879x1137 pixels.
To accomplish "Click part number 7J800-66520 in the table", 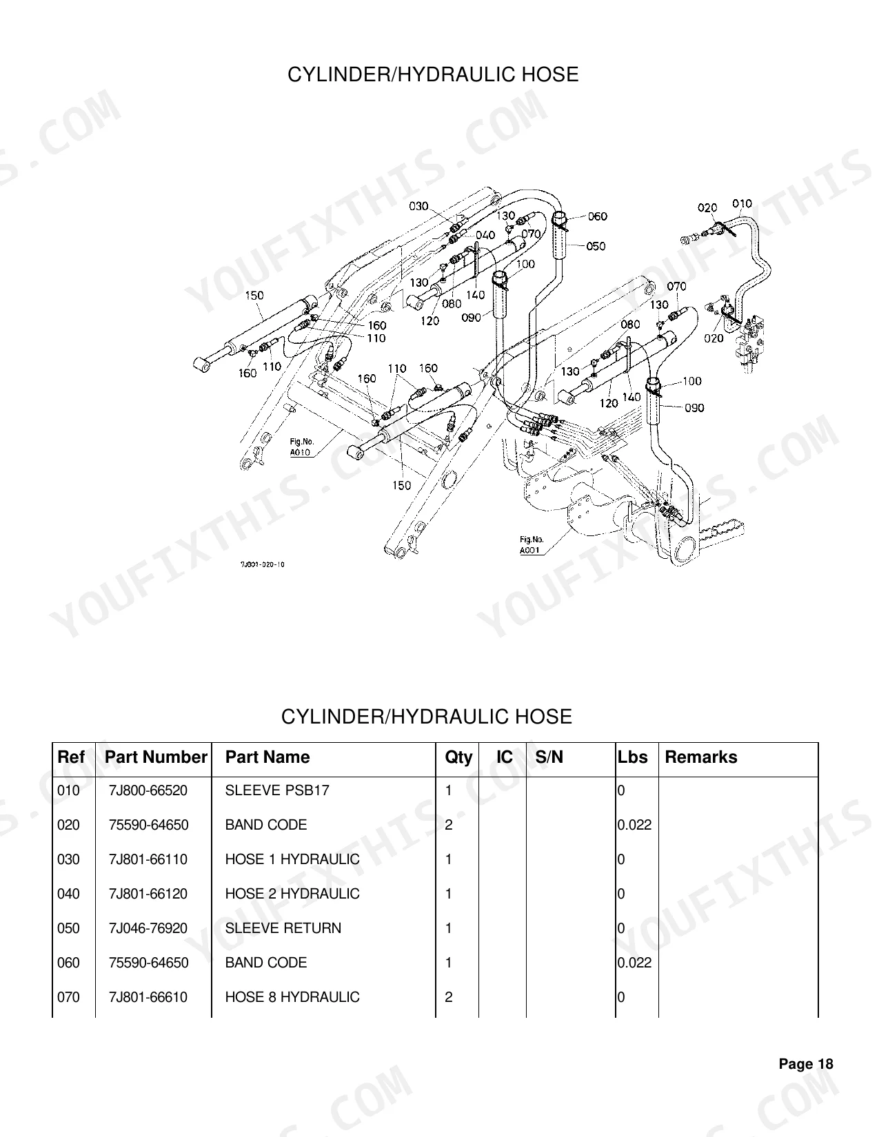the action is tap(148, 790).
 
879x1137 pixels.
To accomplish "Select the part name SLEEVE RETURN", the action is tap(283, 928).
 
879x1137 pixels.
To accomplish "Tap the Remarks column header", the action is tap(701, 757).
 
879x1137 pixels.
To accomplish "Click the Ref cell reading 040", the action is tap(68, 894).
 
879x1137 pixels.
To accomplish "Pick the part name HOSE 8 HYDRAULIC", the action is tap(292, 997).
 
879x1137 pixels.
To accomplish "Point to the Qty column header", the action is tap(458, 757).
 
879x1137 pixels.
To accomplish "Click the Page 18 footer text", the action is tap(806, 1064).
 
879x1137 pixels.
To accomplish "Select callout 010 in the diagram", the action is tap(742, 203).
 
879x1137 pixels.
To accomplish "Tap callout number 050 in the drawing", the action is tap(596, 246).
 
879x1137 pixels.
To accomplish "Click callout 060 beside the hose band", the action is tap(597, 216).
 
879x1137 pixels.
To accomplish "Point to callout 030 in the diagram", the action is tap(419, 206).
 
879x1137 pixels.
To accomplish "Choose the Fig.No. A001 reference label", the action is tap(531, 544).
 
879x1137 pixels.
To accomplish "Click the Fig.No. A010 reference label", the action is tap(301, 447).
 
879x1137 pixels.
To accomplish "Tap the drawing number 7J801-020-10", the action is tap(263, 564).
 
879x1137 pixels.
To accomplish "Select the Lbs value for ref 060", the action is tap(634, 963).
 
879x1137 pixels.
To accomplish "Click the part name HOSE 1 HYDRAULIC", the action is tap(292, 859).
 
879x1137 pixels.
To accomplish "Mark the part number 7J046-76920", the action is tap(148, 928).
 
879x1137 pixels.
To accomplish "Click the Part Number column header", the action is tap(156, 757).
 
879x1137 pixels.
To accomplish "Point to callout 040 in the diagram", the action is tap(485, 235).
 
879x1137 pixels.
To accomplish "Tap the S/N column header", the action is tap(549, 757).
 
